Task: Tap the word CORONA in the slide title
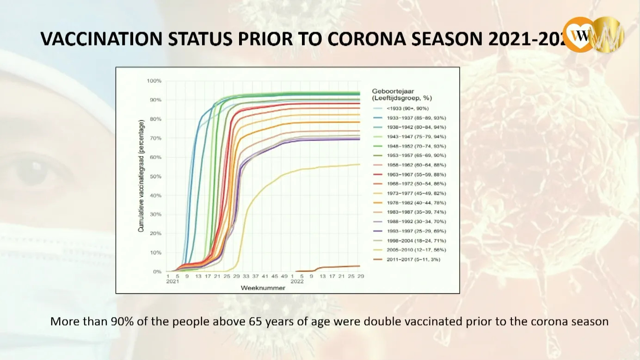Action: pos(367,38)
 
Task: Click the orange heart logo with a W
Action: pos(578,35)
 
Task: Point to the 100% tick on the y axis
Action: pos(154,81)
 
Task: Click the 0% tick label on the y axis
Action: pos(157,272)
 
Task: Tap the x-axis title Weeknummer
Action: pos(263,288)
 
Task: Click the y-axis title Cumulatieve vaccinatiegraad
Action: pos(142,176)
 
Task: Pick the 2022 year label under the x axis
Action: pos(297,281)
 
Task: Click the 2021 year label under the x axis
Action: pos(172,281)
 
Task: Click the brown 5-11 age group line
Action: pos(338,267)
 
